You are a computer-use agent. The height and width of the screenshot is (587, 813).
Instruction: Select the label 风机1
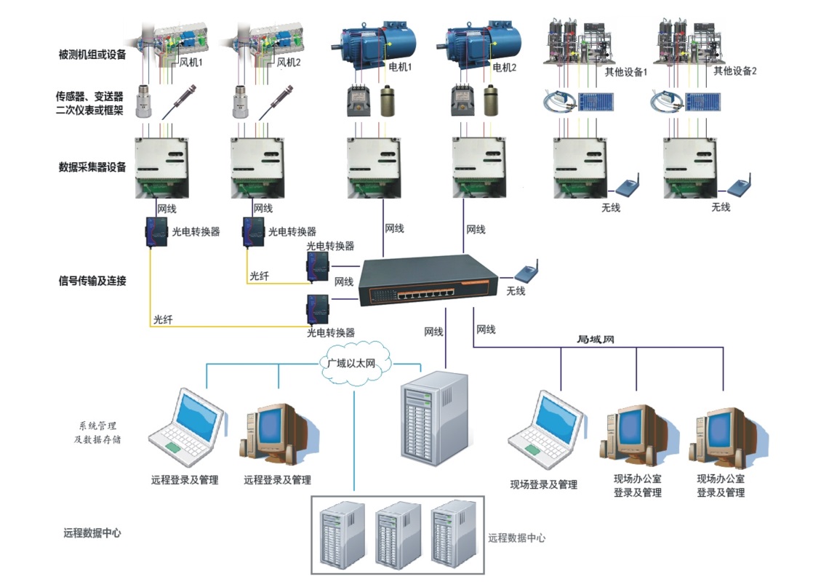click(191, 63)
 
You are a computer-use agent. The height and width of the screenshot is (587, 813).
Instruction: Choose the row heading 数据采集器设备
click(92, 167)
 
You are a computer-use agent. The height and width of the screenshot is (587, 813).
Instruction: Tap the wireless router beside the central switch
click(526, 271)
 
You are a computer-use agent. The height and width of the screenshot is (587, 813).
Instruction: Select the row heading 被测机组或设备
click(92, 55)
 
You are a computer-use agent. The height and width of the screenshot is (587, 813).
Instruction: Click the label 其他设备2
click(735, 71)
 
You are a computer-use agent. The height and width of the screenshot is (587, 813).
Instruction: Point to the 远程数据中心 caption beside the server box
click(516, 538)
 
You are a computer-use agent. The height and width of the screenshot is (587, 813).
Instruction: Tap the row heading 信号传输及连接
click(92, 279)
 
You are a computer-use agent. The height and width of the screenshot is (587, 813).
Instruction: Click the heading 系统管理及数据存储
click(97, 432)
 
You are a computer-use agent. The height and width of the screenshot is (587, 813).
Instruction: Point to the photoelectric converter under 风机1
click(155, 232)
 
